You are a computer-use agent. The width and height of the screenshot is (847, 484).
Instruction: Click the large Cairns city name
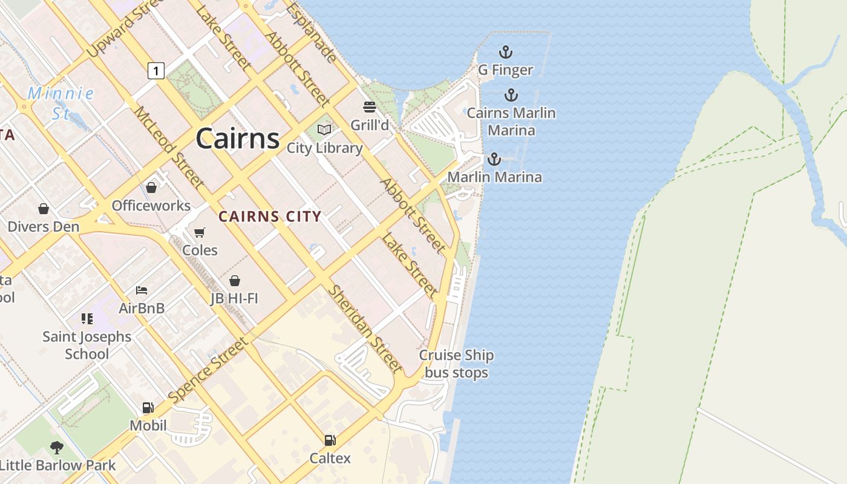(x=237, y=139)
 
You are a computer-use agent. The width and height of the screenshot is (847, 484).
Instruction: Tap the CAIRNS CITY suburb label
(x=270, y=217)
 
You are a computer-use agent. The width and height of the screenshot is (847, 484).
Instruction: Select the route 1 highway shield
(x=156, y=71)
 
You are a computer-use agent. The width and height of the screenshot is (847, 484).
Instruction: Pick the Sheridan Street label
(x=364, y=329)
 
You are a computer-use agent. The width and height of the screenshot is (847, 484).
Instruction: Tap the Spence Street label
(x=209, y=370)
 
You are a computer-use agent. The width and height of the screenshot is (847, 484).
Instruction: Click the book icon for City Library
(x=324, y=129)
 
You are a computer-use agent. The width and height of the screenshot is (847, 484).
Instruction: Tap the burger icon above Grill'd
(x=370, y=108)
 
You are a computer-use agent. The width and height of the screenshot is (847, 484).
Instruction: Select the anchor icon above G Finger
(x=505, y=52)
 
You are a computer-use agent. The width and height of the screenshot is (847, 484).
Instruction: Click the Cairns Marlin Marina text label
(x=511, y=122)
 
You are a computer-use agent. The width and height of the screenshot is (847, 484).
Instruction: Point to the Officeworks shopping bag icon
(x=151, y=188)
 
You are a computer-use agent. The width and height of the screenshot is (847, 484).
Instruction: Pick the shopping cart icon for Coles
(x=200, y=232)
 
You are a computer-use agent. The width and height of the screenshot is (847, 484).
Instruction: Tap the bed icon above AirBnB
(x=142, y=290)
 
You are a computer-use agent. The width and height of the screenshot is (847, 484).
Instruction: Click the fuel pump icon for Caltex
(x=330, y=440)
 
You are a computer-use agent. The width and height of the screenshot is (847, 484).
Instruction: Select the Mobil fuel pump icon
(x=148, y=408)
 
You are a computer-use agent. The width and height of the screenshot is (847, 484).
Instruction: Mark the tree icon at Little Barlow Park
(x=57, y=448)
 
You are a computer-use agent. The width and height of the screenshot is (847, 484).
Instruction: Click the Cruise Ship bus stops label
(x=456, y=364)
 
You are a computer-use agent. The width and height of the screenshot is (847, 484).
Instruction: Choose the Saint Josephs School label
(x=87, y=345)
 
